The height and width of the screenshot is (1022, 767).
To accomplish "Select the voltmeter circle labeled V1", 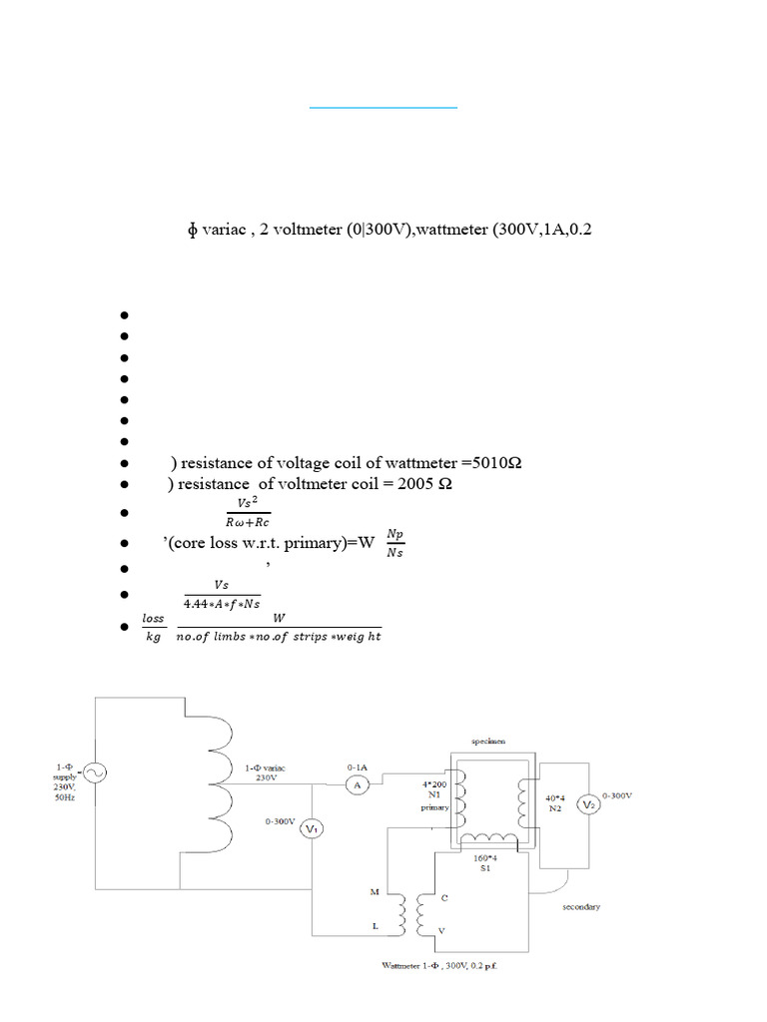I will click(312, 829).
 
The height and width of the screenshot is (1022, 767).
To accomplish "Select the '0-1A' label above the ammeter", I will click(358, 766).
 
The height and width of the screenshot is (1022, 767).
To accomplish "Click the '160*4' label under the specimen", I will click(485, 858).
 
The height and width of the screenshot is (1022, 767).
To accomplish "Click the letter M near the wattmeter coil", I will click(374, 891).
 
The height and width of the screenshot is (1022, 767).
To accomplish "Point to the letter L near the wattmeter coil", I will click(375, 926).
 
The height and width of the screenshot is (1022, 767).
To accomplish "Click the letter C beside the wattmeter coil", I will click(444, 898).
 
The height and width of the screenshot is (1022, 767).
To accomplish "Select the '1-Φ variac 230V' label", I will click(266, 772).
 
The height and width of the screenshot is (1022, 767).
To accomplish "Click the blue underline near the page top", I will click(383, 106).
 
